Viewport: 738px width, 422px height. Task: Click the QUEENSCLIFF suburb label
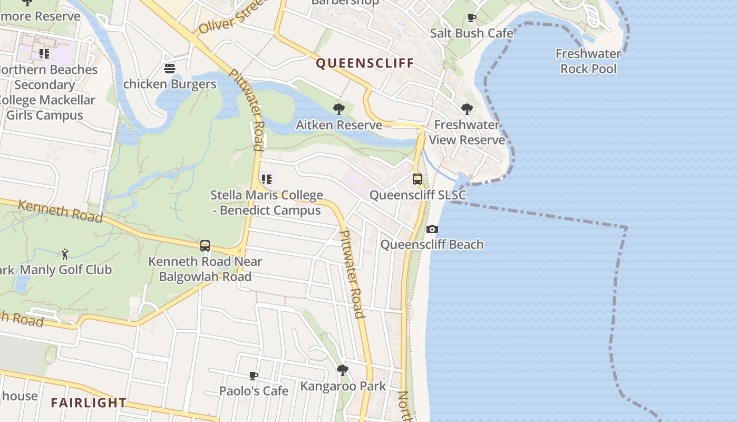[x=365, y=64]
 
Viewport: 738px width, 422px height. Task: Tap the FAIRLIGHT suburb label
[x=89, y=403]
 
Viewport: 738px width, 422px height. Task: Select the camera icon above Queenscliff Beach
[x=432, y=229]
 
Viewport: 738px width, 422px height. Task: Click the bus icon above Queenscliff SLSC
[x=417, y=179]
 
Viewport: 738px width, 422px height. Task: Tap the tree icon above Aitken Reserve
[x=339, y=109]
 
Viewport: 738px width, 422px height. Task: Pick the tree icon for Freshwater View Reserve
[x=467, y=109]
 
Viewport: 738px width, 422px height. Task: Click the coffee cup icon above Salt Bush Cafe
[x=472, y=18]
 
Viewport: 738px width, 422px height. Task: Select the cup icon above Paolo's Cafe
[x=254, y=376]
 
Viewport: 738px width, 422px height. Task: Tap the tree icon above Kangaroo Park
[x=343, y=370]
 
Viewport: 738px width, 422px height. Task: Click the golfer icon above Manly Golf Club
[x=65, y=254]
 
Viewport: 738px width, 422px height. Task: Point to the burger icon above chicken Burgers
[x=170, y=69]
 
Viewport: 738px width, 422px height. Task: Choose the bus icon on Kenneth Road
[x=205, y=246]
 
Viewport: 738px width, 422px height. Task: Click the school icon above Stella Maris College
[x=266, y=179]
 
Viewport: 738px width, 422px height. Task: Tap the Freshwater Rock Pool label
[x=588, y=61]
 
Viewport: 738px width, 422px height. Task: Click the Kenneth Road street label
[x=60, y=211]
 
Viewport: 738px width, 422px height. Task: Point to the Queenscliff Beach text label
[x=432, y=245]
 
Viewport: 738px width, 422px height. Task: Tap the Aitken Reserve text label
[x=339, y=125]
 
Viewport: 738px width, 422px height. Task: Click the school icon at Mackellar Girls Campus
[x=44, y=54]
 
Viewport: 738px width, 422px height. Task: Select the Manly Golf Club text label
[x=66, y=270]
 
